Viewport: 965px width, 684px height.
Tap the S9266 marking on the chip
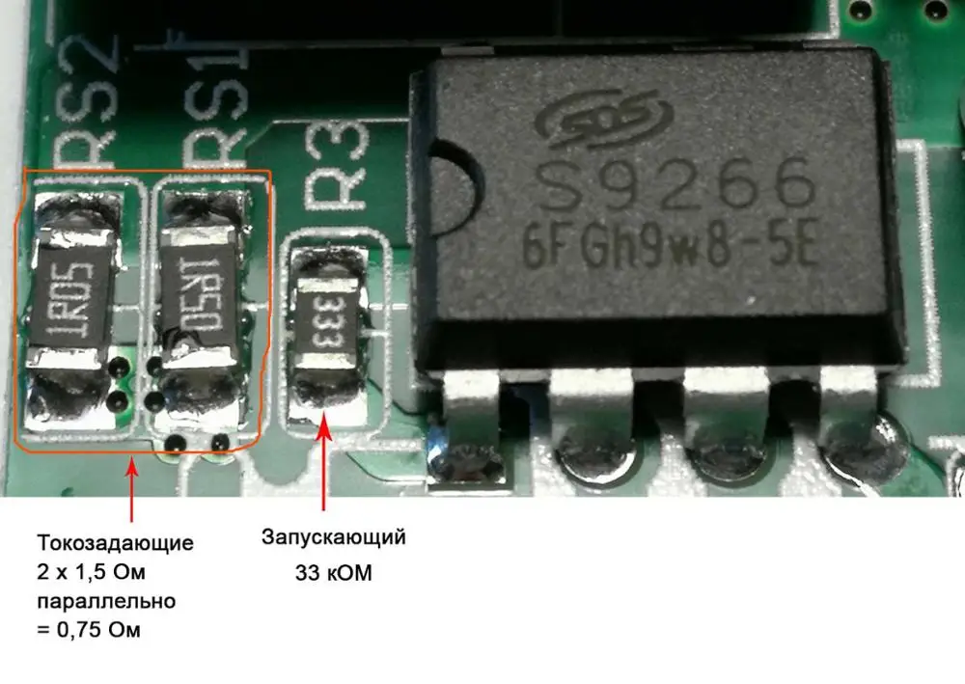(x=673, y=187)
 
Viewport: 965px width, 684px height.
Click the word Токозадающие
(x=115, y=542)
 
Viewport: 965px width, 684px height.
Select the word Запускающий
(x=333, y=536)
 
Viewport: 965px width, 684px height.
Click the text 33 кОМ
(x=333, y=573)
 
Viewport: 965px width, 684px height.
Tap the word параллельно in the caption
(x=106, y=602)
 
